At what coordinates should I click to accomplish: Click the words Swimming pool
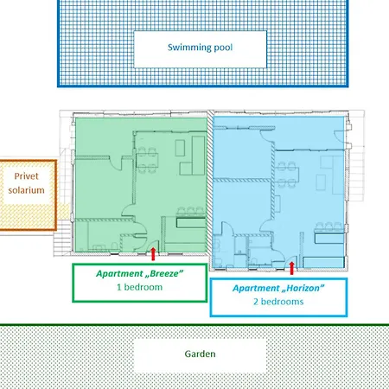point(200,48)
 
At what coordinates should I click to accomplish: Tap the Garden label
point(200,354)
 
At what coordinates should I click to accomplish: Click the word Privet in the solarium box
point(26,176)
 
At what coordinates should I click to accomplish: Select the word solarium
point(26,190)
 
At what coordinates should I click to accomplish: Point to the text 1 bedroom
point(139,287)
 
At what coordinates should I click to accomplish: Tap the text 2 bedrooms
point(278,302)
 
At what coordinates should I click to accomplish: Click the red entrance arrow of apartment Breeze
point(153,254)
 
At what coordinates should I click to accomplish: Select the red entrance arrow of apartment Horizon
point(292,268)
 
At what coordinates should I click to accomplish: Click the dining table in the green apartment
point(147,160)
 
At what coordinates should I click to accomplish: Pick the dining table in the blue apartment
point(287,175)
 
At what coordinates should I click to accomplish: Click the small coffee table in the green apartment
point(180,148)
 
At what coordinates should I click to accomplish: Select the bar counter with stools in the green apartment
point(190,218)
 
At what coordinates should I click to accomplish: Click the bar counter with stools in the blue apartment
point(329,233)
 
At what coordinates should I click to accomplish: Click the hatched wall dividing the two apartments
point(210,183)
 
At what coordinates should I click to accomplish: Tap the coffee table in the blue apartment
point(321,182)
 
